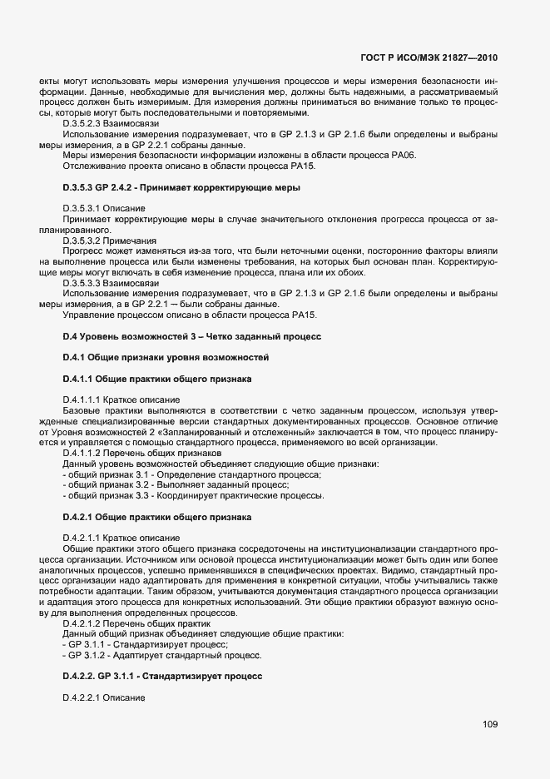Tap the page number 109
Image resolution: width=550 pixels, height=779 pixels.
pyautogui.click(x=489, y=724)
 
